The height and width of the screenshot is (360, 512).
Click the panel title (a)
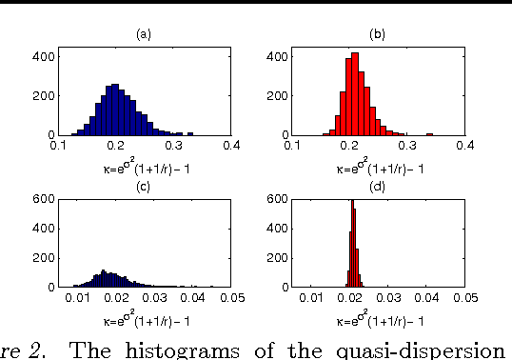coord(144,34)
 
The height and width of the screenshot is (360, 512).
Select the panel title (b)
coord(377,34)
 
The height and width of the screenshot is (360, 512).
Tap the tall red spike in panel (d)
coord(353,244)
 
